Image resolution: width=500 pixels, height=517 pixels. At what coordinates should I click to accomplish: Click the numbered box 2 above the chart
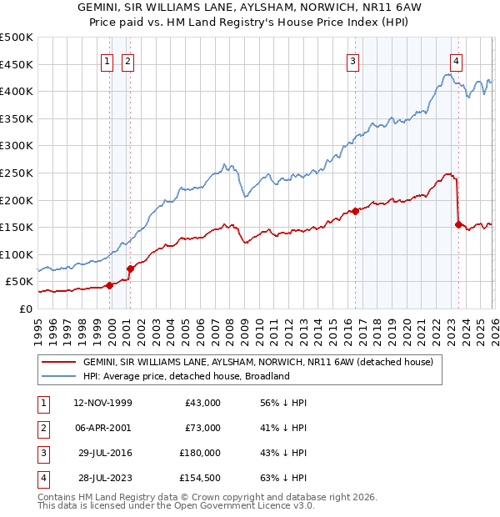127,60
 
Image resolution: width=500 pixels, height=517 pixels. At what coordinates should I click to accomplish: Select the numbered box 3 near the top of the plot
353,60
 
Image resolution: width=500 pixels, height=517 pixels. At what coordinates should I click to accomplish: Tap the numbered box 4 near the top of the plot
457,60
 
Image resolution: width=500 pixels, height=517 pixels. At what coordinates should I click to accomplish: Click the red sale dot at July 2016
355,211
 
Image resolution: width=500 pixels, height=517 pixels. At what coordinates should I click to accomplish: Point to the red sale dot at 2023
458,224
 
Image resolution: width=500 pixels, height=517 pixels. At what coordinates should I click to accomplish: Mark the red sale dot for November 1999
109,285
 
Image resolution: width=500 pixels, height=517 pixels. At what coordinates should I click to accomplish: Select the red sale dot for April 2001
130,269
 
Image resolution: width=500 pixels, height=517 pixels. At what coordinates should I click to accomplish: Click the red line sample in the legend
59,363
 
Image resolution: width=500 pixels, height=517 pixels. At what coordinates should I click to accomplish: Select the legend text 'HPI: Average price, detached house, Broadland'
186,376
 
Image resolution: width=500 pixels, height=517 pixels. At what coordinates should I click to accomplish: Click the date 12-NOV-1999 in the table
102,403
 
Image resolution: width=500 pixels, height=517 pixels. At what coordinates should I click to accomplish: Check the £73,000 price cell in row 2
202,428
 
